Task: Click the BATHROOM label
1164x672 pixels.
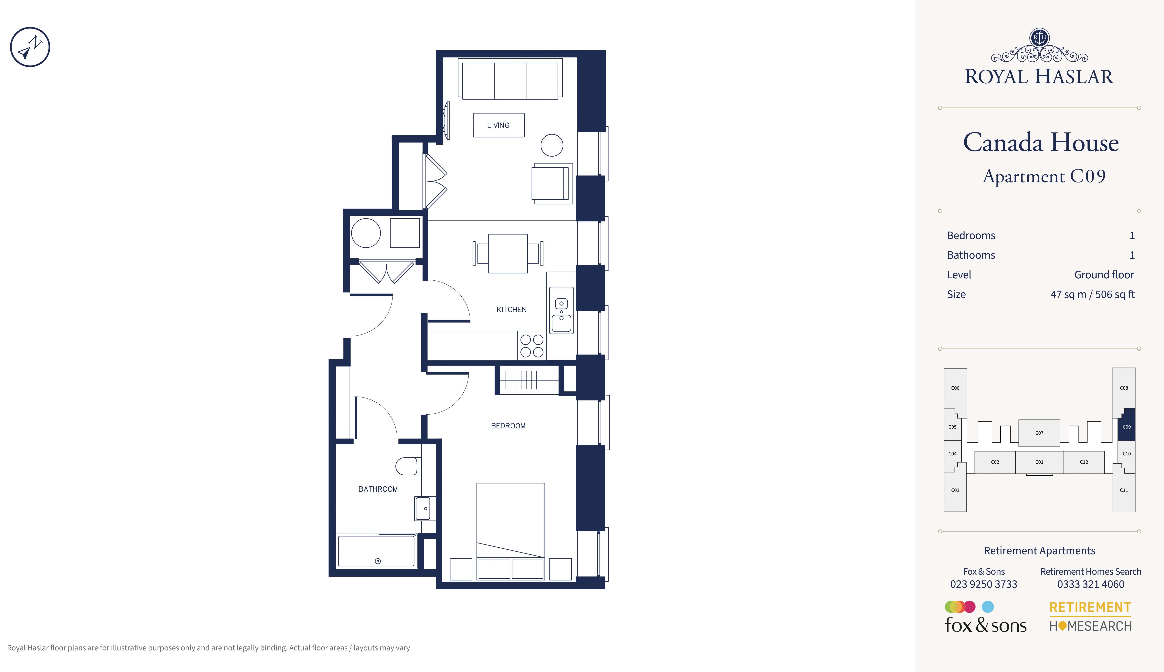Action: click(x=378, y=489)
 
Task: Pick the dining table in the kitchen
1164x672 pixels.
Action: click(x=508, y=253)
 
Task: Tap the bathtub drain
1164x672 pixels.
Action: click(x=378, y=561)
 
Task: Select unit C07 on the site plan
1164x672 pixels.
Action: click(x=1039, y=433)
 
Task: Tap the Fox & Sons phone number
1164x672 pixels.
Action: click(x=983, y=584)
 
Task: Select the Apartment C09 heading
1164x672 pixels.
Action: click(x=1044, y=176)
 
